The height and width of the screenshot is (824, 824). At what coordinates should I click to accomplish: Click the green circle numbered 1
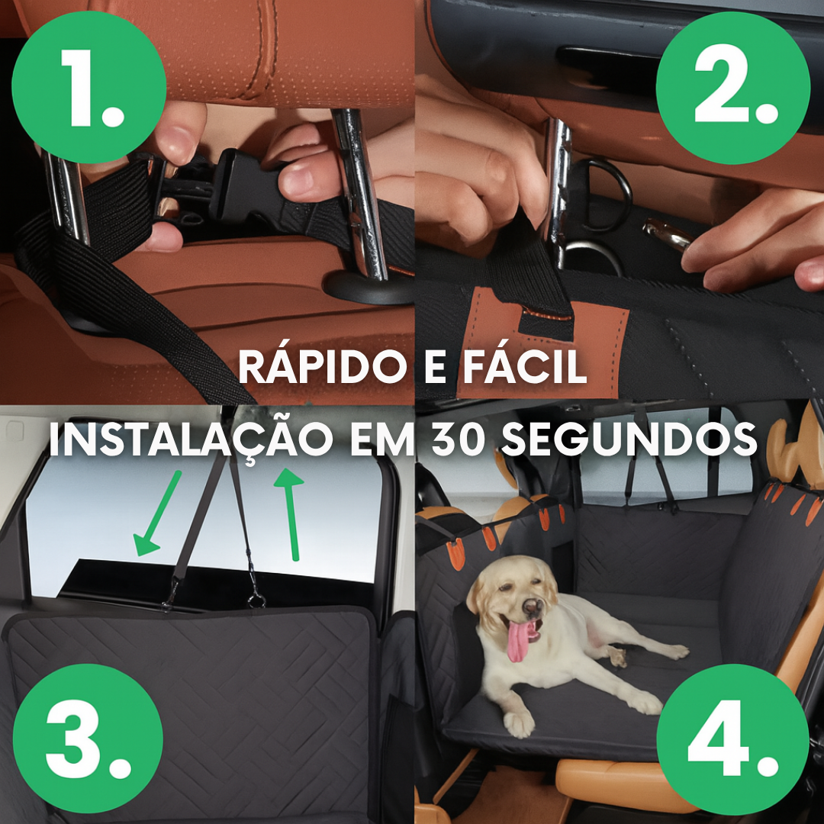89,87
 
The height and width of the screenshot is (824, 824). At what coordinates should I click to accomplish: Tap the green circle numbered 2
734,88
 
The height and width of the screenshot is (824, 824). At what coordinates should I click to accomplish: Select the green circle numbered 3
89,739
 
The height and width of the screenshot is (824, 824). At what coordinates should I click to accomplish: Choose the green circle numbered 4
733,739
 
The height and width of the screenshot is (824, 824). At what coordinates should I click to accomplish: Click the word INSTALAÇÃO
191,439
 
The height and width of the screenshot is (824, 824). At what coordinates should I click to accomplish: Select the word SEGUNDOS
629,439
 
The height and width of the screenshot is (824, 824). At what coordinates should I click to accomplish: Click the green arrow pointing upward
290,514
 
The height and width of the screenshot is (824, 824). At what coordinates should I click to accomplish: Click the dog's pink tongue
520,640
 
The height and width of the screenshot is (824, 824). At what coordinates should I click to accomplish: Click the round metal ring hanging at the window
256,600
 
